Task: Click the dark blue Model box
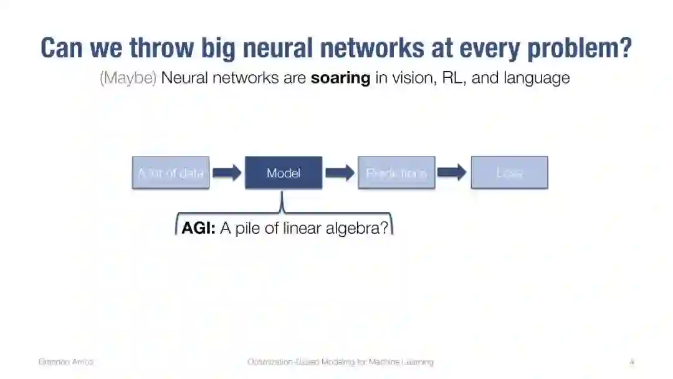(284, 173)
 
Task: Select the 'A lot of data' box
(171, 173)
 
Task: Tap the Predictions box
(396, 173)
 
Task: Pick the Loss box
(509, 173)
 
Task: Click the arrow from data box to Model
(227, 173)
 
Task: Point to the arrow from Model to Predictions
(340, 173)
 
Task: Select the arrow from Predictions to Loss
(452, 173)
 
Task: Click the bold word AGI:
(198, 228)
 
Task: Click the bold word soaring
(340, 78)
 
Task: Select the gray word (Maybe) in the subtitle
(128, 78)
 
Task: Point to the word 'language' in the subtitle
(537, 78)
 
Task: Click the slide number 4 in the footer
(632, 362)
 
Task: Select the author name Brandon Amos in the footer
(65, 362)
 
